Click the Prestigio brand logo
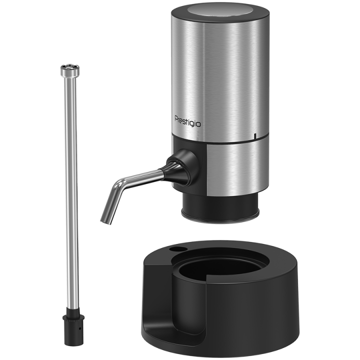click(187, 120)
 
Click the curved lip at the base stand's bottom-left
click(152, 339)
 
